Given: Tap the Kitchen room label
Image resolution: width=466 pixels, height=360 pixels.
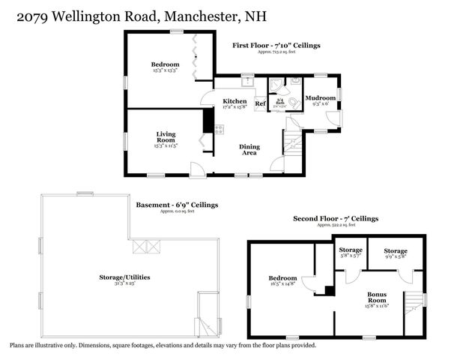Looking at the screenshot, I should (234, 102).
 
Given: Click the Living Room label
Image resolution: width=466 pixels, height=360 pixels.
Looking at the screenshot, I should (166, 137).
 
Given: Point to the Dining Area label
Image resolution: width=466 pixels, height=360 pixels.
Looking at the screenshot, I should (249, 149).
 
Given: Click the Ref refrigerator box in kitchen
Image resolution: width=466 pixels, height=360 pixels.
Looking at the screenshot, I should (261, 103).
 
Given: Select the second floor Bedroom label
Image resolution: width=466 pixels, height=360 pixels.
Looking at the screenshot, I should (282, 278).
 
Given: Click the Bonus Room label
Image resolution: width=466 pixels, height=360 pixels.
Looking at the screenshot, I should (378, 298).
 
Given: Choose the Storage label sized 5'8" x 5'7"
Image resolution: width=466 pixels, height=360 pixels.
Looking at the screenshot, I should (351, 251).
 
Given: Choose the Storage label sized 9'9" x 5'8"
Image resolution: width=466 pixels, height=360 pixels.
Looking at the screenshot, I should (396, 251).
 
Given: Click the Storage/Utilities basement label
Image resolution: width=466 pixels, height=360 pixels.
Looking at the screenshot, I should (124, 277).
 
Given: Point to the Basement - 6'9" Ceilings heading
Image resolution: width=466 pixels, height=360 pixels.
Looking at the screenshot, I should (177, 205).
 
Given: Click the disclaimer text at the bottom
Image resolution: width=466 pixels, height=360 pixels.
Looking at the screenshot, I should (163, 346).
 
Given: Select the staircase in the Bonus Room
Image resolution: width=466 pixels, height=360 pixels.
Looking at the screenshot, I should (414, 307).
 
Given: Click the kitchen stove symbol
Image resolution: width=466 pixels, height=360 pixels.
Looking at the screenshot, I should (219, 129).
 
